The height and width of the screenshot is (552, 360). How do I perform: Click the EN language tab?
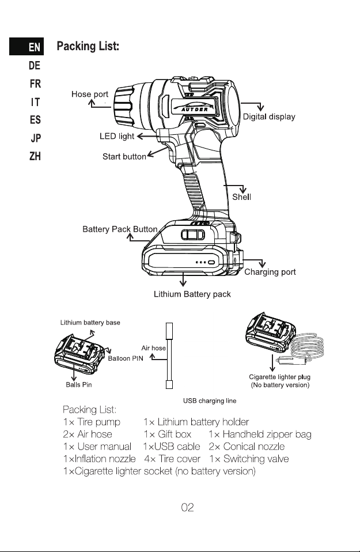pyautogui.click(x=26, y=47)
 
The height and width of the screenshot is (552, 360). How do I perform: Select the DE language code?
pyautogui.click(x=35, y=66)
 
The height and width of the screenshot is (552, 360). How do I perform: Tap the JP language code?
pyautogui.click(x=36, y=138)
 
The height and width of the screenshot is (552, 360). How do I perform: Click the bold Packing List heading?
pyautogui.click(x=88, y=46)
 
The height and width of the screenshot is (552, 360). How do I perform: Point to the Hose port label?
pyautogui.click(x=90, y=94)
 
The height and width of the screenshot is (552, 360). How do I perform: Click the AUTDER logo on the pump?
pyautogui.click(x=195, y=107)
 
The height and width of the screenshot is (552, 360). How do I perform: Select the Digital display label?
pyautogui.click(x=269, y=117)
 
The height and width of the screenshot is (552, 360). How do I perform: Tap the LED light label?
pyautogui.click(x=117, y=136)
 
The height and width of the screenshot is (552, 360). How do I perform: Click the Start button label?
pyautogui.click(x=124, y=157)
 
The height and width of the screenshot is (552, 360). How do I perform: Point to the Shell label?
pyautogui.click(x=241, y=197)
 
